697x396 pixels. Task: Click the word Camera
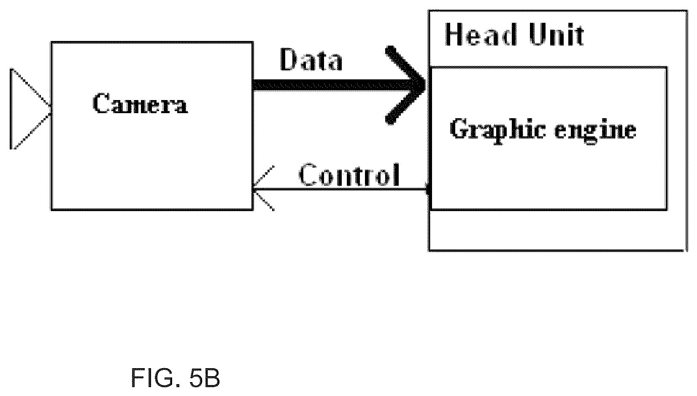140,103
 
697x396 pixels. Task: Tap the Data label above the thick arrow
311,59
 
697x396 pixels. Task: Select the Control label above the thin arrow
349,175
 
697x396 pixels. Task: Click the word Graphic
498,131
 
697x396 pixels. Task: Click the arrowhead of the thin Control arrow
262,188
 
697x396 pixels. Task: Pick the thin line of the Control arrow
340,189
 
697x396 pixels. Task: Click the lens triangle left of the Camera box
30,108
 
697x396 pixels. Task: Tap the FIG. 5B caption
176,377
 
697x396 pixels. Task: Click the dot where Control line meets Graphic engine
429,189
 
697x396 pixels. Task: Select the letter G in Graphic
459,129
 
